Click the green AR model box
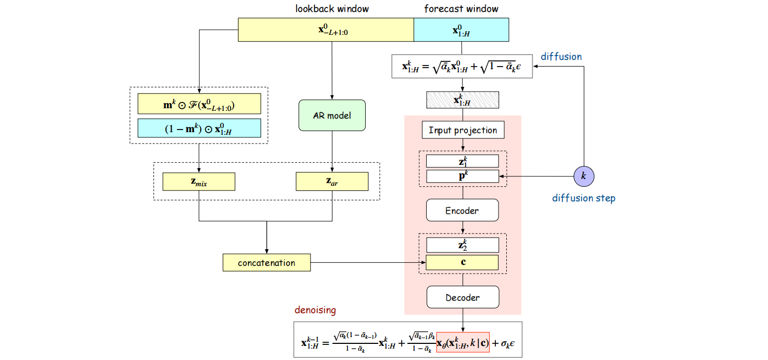tap(332, 115)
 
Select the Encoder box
tap(462, 210)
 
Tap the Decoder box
tap(462, 298)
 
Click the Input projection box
tap(463, 130)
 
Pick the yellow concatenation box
tap(266, 263)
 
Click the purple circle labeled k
tap(583, 176)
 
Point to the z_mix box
tap(199, 181)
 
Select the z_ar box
tap(332, 181)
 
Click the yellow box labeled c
tap(463, 262)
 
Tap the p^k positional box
tap(463, 176)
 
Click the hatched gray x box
tap(463, 99)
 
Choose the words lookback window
tap(332, 9)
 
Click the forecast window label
tap(461, 9)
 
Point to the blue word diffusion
tap(561, 56)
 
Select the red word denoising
tap(315, 310)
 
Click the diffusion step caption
tap(583, 198)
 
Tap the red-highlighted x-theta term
tap(463, 342)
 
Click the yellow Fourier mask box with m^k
tap(199, 104)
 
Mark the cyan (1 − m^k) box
tap(199, 128)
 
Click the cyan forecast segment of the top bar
tap(461, 30)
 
